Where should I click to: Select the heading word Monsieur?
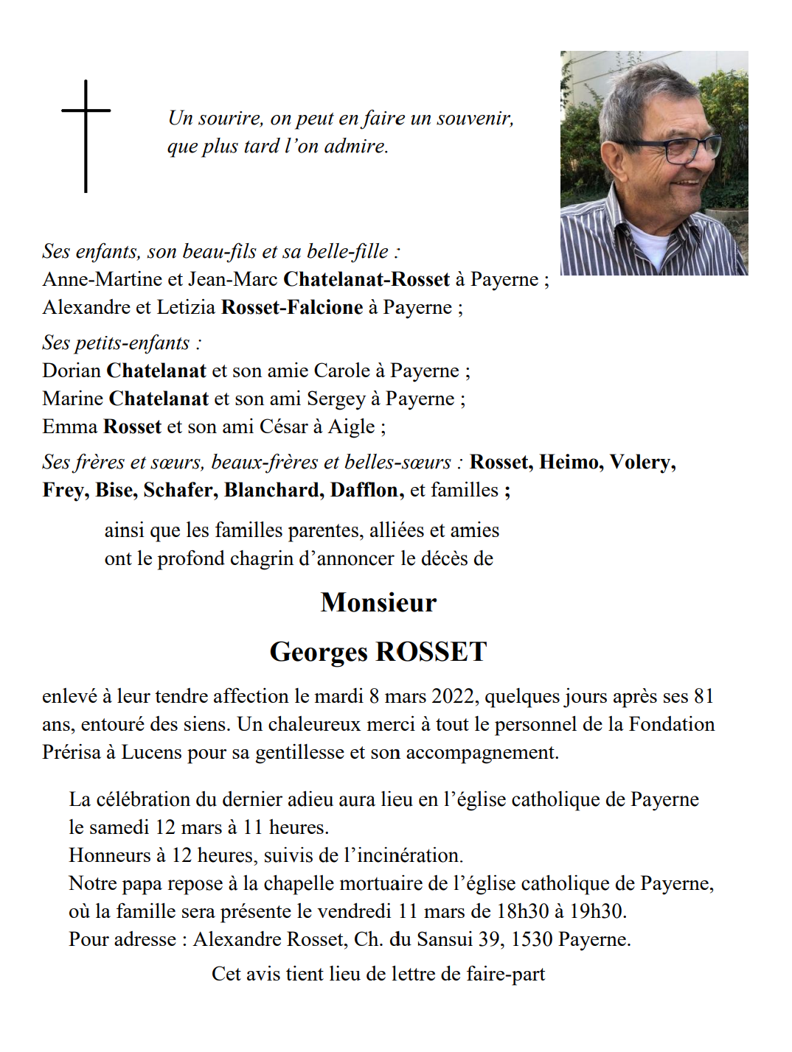click(378, 603)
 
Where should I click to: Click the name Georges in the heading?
click(318, 652)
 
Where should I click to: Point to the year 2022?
click(453, 696)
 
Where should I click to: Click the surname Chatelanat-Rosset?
click(367, 279)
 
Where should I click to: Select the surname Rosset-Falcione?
click(292, 307)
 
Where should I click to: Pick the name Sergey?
click(336, 399)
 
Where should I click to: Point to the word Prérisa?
click(71, 752)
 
